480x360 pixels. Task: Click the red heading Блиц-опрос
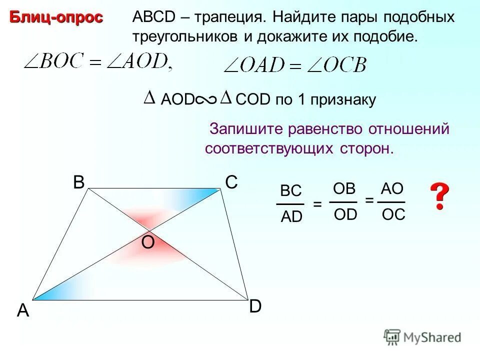coord(56,17)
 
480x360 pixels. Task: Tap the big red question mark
coord(439,196)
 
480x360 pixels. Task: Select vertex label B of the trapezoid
coord(78,183)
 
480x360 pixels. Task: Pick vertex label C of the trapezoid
coord(231,183)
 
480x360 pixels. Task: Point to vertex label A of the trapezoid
coord(23,311)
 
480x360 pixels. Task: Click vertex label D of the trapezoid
coord(255,306)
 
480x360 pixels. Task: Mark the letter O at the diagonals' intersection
coord(148,242)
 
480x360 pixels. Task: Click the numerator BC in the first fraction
coord(290,191)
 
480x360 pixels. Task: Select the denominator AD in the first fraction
coord(291,216)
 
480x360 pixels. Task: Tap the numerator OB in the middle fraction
coord(343,188)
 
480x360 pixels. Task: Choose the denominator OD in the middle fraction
coord(344,214)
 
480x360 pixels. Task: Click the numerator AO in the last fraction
coord(391,188)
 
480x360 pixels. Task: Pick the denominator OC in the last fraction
coord(393,214)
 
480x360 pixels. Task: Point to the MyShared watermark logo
coord(422,337)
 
